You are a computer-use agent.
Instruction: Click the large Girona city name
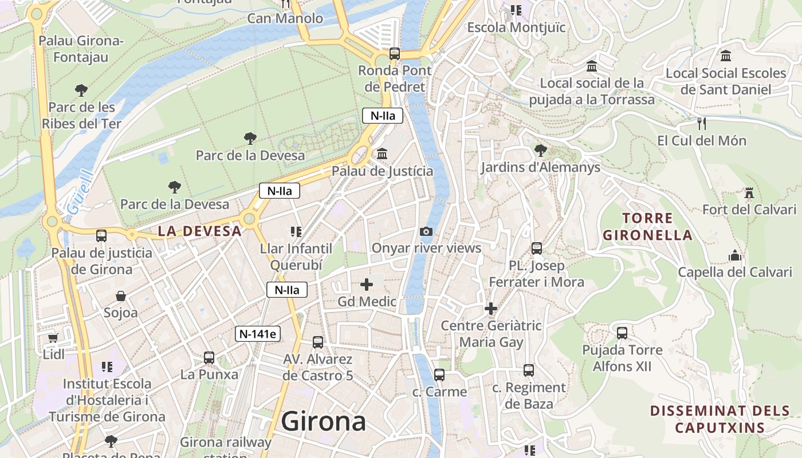point(324,422)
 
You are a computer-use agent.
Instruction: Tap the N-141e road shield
point(258,334)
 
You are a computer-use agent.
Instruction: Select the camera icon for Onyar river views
point(426,231)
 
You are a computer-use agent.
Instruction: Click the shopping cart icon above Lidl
point(53,338)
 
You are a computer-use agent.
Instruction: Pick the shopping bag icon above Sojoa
point(121,296)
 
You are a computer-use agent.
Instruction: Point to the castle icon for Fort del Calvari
point(749,192)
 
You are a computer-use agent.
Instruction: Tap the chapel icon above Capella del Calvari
point(735,255)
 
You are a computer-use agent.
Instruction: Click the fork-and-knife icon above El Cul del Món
point(701,123)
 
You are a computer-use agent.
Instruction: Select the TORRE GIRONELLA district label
point(648,227)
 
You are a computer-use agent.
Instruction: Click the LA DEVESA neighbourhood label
point(199,231)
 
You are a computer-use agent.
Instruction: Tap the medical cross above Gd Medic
point(367,285)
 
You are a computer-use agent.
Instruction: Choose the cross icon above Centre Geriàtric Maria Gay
point(491,309)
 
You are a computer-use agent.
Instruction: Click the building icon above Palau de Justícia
point(382,154)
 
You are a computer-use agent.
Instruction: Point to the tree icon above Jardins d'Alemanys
point(540,151)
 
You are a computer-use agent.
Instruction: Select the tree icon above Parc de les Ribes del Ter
point(81,90)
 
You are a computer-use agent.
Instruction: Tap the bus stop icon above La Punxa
point(209,358)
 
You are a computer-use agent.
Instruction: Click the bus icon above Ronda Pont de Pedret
point(395,54)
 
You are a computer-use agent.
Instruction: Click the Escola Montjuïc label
point(516,27)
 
